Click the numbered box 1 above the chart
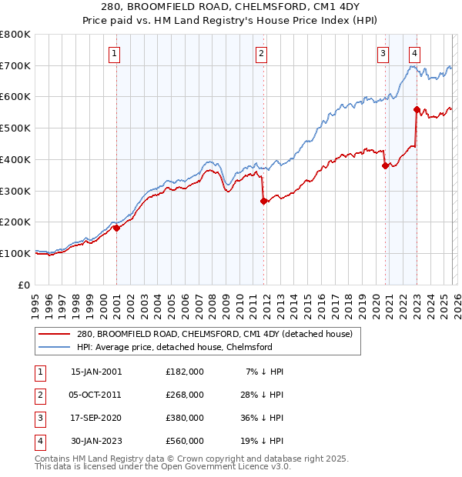tap(114, 54)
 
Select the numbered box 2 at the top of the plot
tap(262, 54)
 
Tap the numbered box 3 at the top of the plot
tap(383, 54)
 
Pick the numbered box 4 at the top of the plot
tap(414, 54)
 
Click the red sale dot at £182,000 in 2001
tap(116, 228)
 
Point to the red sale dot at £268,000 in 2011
tap(264, 201)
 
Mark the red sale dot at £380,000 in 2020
tap(385, 165)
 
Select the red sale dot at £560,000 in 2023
tap(417, 109)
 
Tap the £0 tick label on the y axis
tap(25, 285)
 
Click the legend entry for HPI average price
tap(175, 348)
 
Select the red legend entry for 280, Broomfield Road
tap(214, 335)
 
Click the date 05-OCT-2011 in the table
tap(96, 394)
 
